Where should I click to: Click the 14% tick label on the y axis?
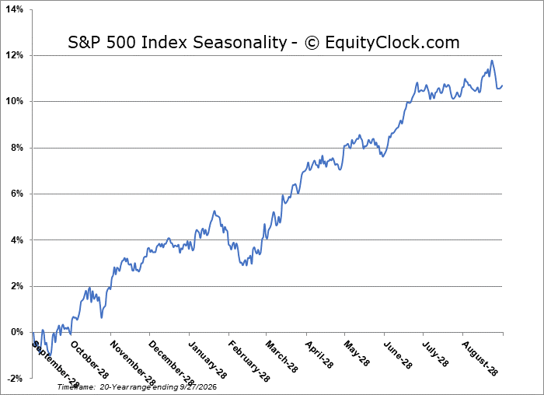15,9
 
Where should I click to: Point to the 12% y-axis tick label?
15,55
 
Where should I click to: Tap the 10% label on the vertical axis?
15,101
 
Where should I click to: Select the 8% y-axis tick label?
16,148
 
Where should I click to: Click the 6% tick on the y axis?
16,194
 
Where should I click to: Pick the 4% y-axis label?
16,239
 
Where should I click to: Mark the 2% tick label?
16,286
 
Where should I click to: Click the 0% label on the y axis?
16,332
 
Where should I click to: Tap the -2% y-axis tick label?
16,379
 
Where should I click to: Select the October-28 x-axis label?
89,359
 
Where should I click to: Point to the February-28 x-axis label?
249,362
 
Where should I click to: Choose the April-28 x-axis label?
319,355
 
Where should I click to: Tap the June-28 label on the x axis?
398,355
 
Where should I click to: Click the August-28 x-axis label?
479,358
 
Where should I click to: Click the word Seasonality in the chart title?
239,43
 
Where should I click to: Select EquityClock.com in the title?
392,43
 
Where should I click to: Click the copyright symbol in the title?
312,43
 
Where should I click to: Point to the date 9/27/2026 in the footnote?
198,387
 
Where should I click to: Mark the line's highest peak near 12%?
492,61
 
